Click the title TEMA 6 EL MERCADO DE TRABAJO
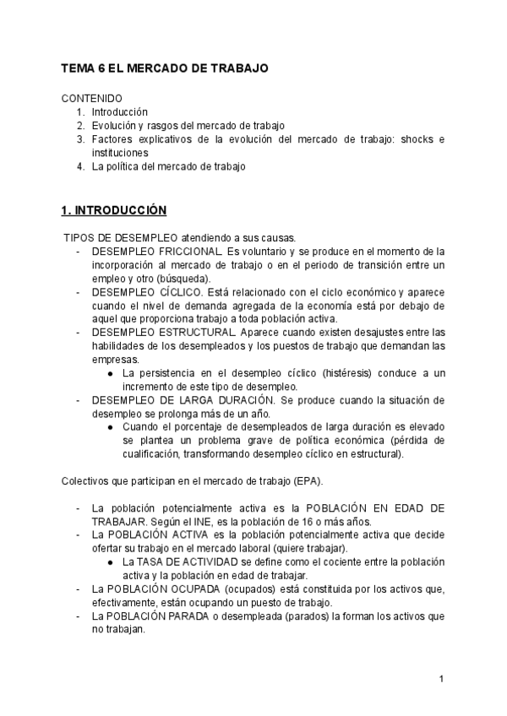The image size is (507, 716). [x=165, y=68]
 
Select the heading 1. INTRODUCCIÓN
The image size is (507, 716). [x=114, y=209]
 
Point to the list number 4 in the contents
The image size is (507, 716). [x=80, y=167]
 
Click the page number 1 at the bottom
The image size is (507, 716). [x=442, y=679]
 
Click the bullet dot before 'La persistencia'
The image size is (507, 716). [x=112, y=373]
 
